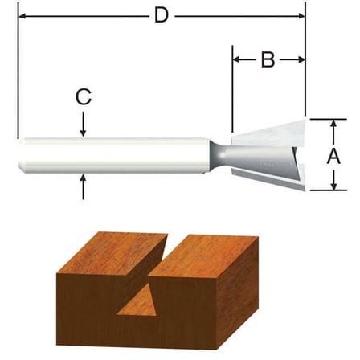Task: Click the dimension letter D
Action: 161,15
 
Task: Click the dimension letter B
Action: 268,59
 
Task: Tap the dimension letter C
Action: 83,97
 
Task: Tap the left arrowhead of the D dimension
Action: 22,15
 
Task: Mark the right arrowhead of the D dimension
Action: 300,15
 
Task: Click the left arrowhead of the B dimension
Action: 238,59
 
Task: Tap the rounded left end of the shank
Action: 22,155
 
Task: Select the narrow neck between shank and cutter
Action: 220,154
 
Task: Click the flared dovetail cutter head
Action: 269,154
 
